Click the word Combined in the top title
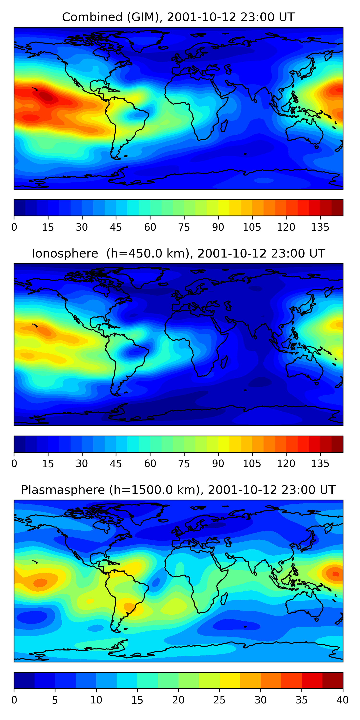92,17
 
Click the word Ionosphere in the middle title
65,254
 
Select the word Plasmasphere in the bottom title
63,490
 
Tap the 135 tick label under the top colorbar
320,228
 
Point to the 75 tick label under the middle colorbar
184,464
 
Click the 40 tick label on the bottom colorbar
342,700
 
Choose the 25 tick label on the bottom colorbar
219,700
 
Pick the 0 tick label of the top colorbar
14,228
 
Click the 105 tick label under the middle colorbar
252,464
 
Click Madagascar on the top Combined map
224,126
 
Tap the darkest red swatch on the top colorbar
337,208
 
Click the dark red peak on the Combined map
46,97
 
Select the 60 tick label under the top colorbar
150,228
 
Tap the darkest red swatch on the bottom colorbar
333,680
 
